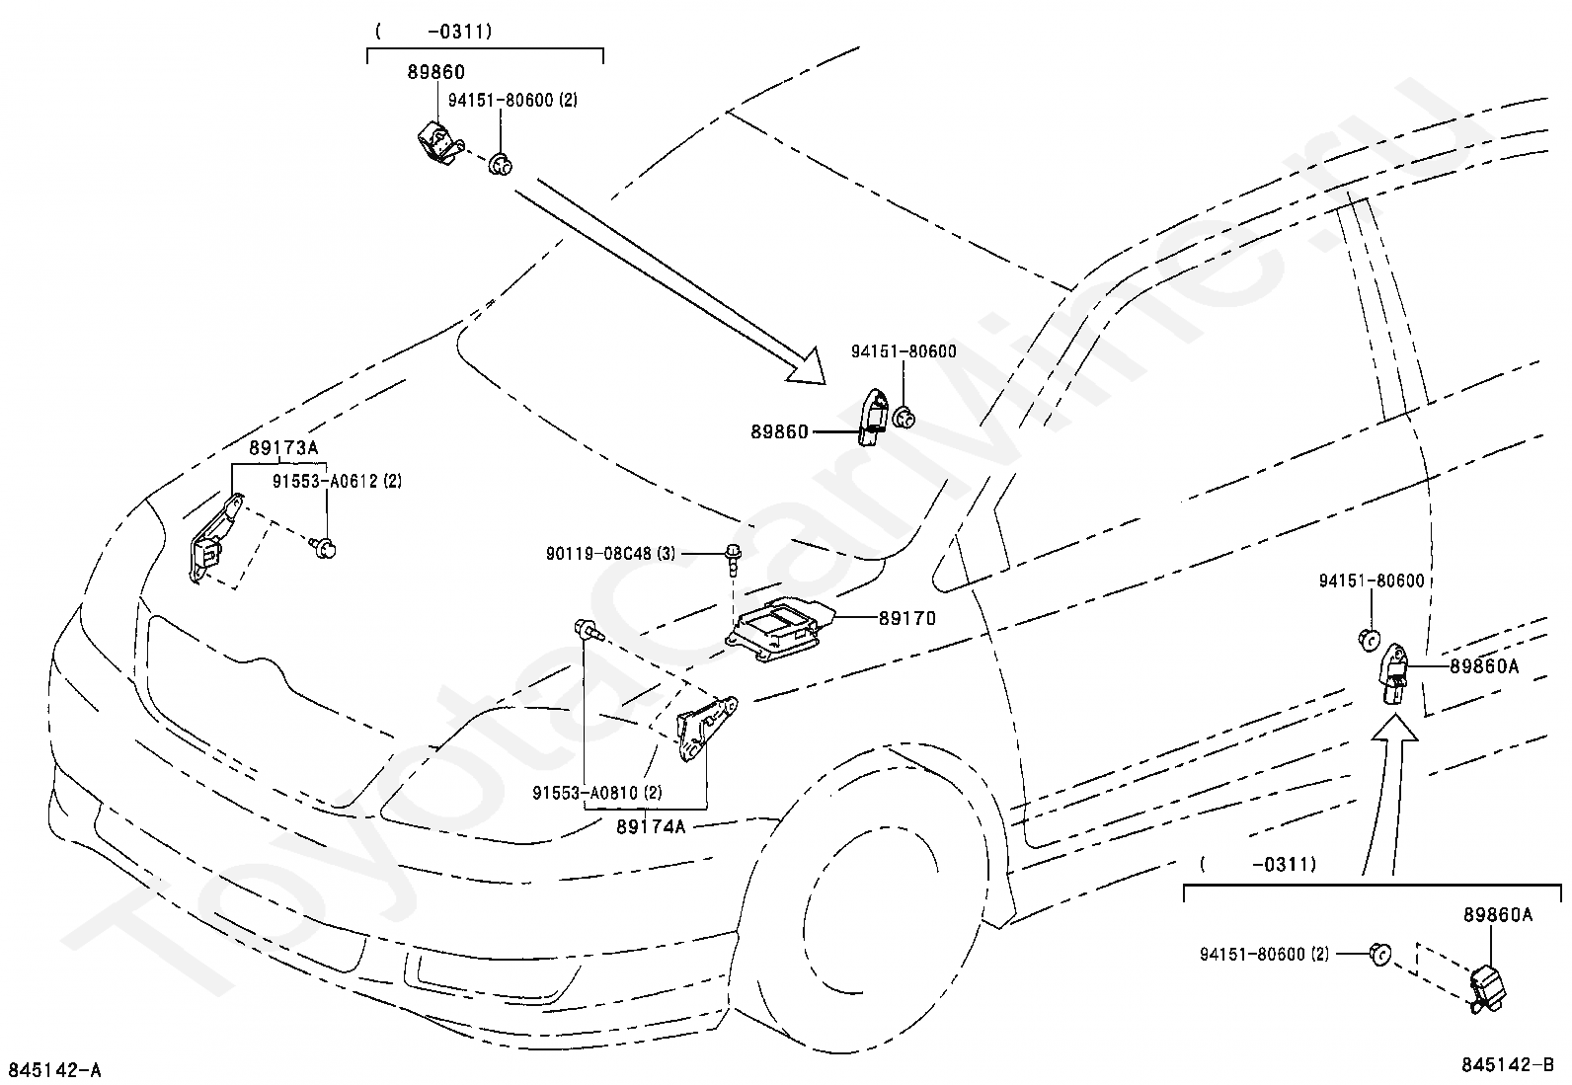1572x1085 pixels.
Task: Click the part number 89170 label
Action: [x=907, y=618]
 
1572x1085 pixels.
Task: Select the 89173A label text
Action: [x=283, y=448]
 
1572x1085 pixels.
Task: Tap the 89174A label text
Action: [x=651, y=826]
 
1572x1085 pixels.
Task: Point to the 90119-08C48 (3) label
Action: [x=610, y=554]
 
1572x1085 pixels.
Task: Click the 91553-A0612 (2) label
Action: [x=337, y=481]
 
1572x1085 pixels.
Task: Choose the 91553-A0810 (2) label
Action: [x=597, y=793]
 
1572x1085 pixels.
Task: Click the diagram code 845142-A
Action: [x=54, y=1070]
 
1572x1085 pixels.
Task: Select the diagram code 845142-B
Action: [x=1508, y=1064]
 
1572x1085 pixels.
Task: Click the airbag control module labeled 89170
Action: [x=780, y=629]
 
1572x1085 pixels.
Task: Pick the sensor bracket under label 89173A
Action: [x=214, y=537]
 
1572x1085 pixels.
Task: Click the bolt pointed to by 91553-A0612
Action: [x=324, y=547]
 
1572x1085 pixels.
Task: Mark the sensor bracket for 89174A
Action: [x=705, y=728]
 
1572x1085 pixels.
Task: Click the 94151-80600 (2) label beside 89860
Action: [x=512, y=101]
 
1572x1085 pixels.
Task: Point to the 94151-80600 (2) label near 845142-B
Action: [x=1264, y=955]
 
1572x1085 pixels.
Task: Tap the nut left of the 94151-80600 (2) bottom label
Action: [x=1380, y=955]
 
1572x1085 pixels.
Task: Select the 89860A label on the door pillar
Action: [x=1484, y=666]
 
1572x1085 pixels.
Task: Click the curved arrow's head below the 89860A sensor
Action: [x=1394, y=728]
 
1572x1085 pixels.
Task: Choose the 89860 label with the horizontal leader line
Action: [x=779, y=431]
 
